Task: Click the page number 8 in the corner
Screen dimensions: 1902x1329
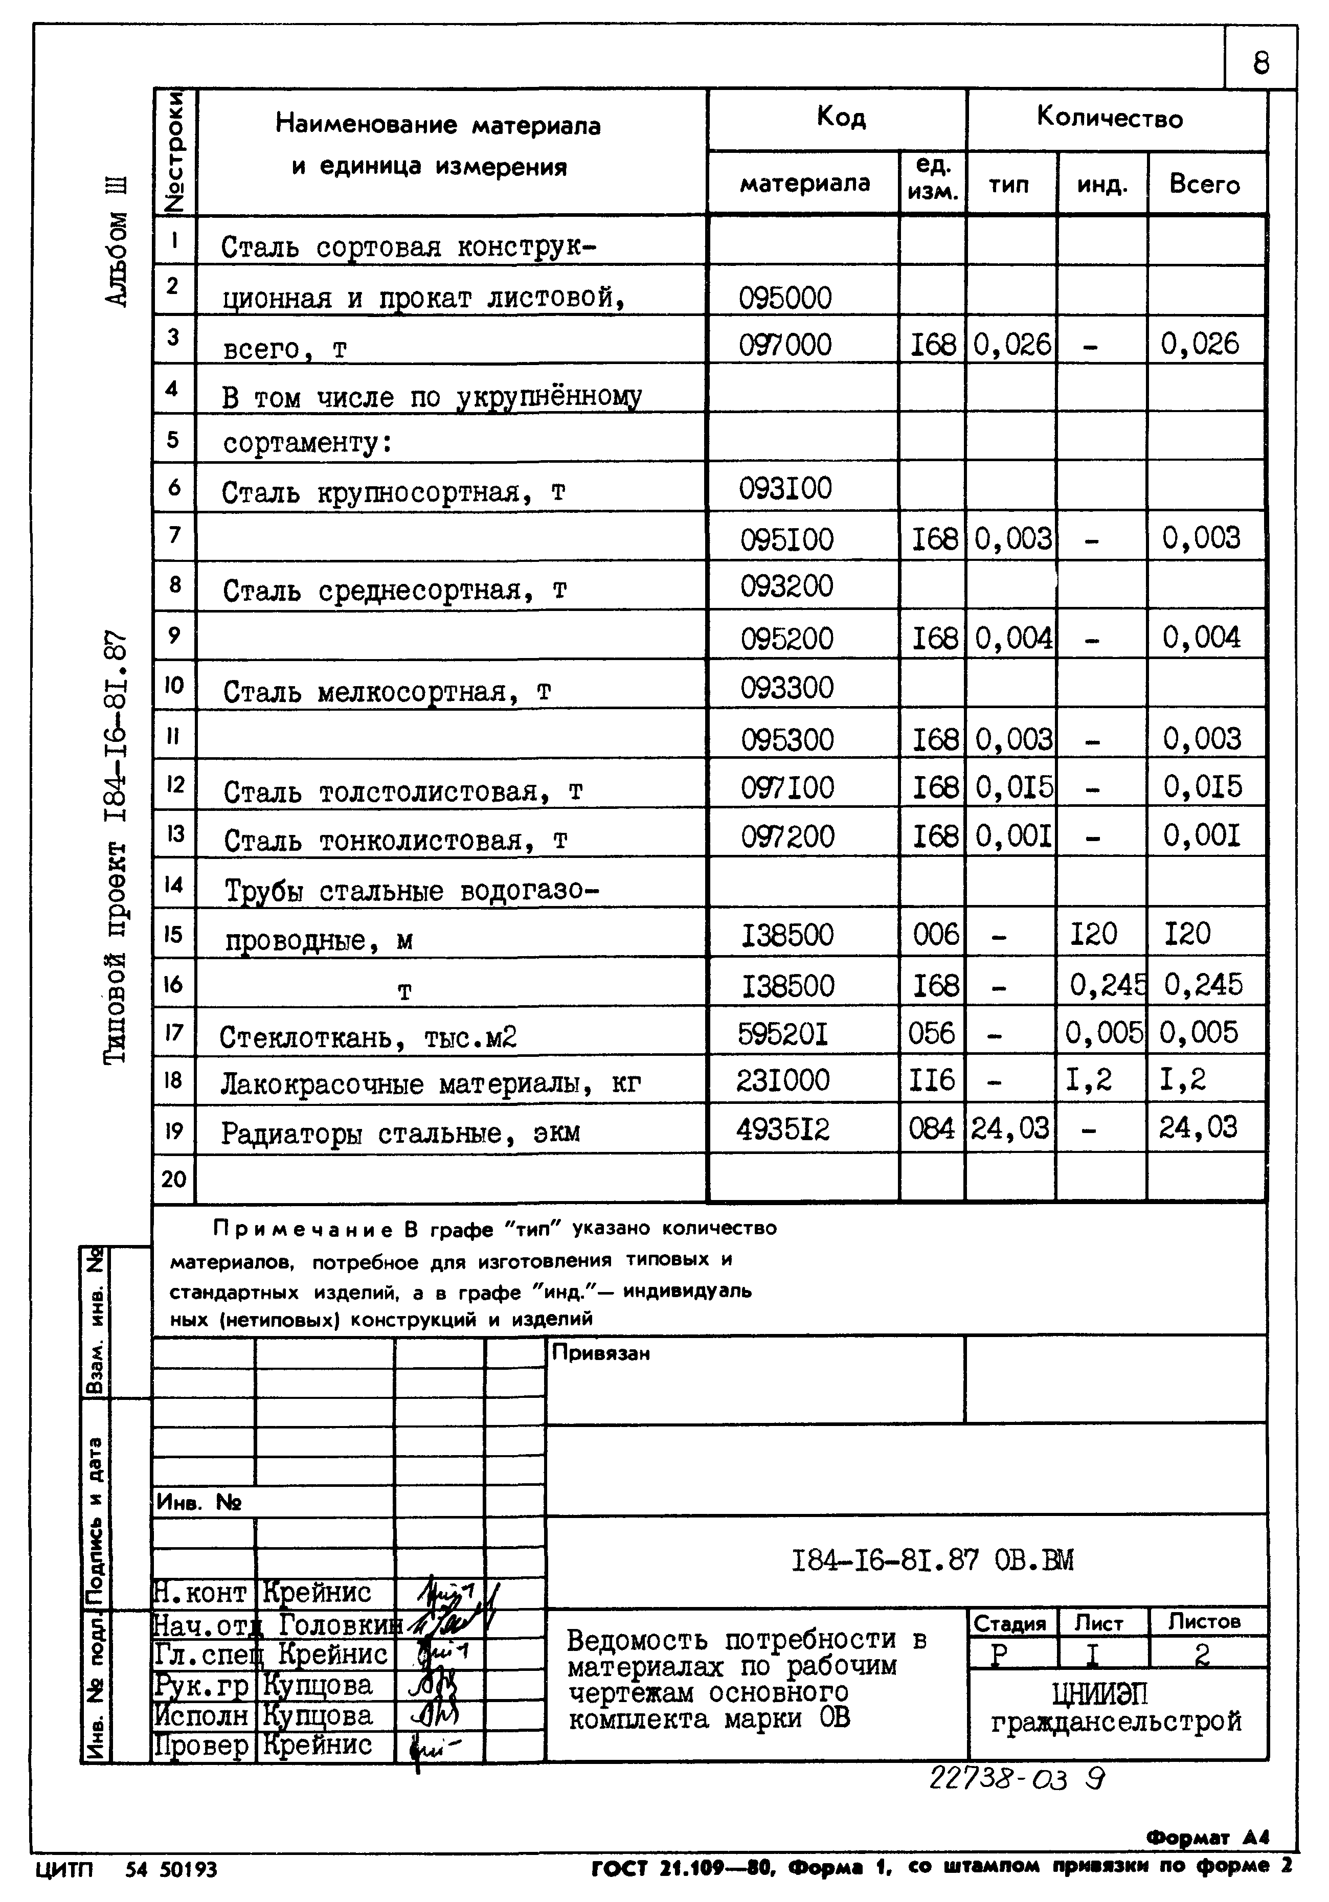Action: pos(1260,63)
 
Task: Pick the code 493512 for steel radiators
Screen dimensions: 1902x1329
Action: pos(782,1129)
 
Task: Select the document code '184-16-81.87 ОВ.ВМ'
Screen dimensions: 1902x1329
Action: pos(932,1560)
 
